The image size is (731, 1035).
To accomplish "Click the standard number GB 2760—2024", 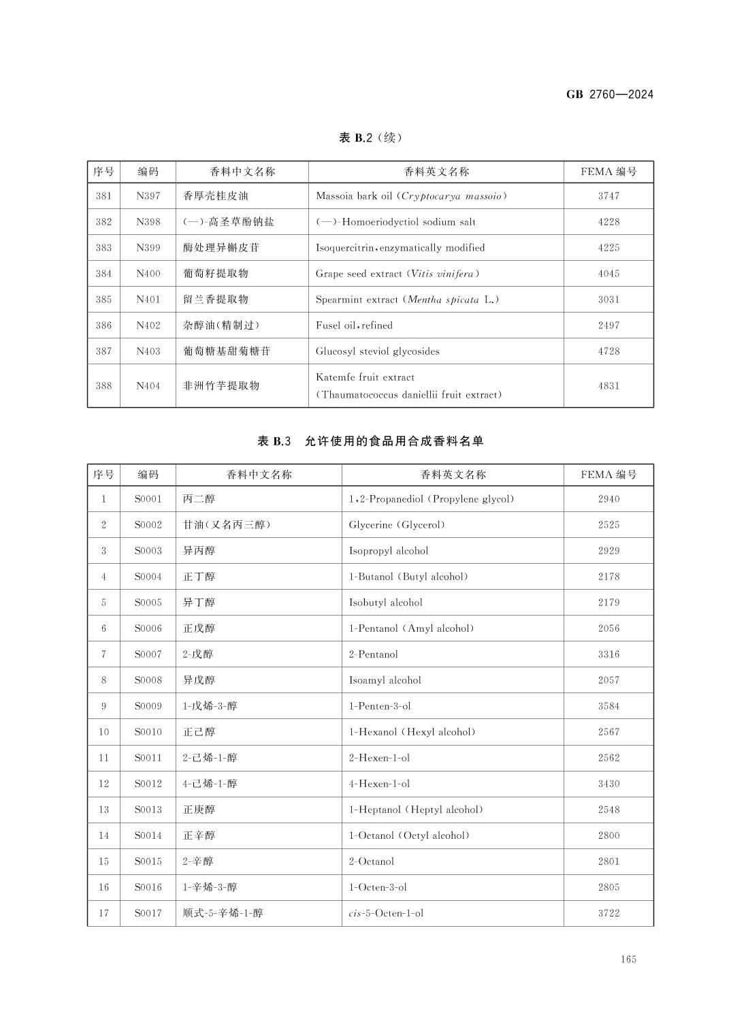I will (609, 95).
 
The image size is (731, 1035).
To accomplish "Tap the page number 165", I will (628, 959).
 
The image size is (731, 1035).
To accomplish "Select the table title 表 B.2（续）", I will (370, 138).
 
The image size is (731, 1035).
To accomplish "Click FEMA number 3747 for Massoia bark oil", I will (608, 196).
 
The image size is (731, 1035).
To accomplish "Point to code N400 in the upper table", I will (148, 274).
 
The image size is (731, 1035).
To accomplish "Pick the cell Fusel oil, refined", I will (354, 325).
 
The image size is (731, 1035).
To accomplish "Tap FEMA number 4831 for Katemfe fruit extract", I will (608, 385).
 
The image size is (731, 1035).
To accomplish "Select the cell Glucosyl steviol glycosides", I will (377, 351).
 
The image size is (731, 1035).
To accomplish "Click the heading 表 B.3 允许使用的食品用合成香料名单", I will (370, 441).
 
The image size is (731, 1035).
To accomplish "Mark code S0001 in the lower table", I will (148, 499).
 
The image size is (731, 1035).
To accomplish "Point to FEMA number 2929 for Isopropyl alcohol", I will (608, 551).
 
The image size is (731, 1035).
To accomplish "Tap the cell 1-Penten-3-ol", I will (380, 706).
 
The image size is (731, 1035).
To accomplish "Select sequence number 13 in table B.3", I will (103, 810).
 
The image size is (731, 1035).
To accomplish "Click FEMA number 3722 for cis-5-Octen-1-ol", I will (608, 913).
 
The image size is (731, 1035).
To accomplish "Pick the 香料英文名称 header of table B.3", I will (453, 475).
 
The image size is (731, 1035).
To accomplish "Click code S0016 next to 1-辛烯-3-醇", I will (148, 887).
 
